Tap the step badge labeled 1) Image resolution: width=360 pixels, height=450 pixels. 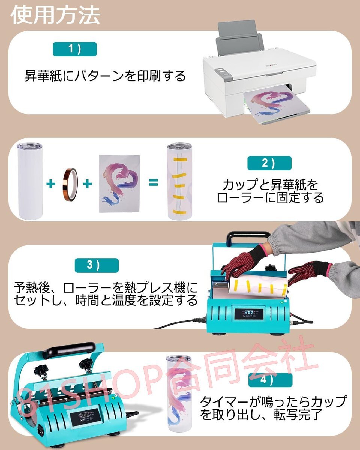click(x=75, y=49)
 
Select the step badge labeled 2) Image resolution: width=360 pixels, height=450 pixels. click(x=269, y=163)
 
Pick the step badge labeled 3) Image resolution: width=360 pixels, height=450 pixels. click(x=96, y=265)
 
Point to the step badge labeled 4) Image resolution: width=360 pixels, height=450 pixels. click(x=270, y=379)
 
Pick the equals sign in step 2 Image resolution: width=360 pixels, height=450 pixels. click(x=153, y=183)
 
